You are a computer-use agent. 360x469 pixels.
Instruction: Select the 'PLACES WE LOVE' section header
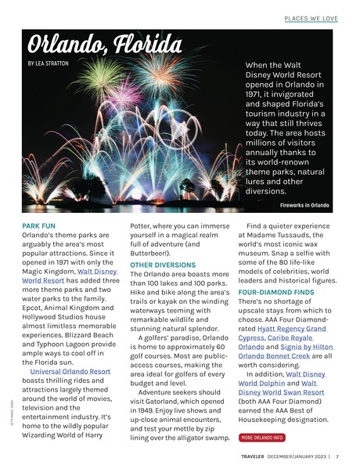click(x=311, y=17)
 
